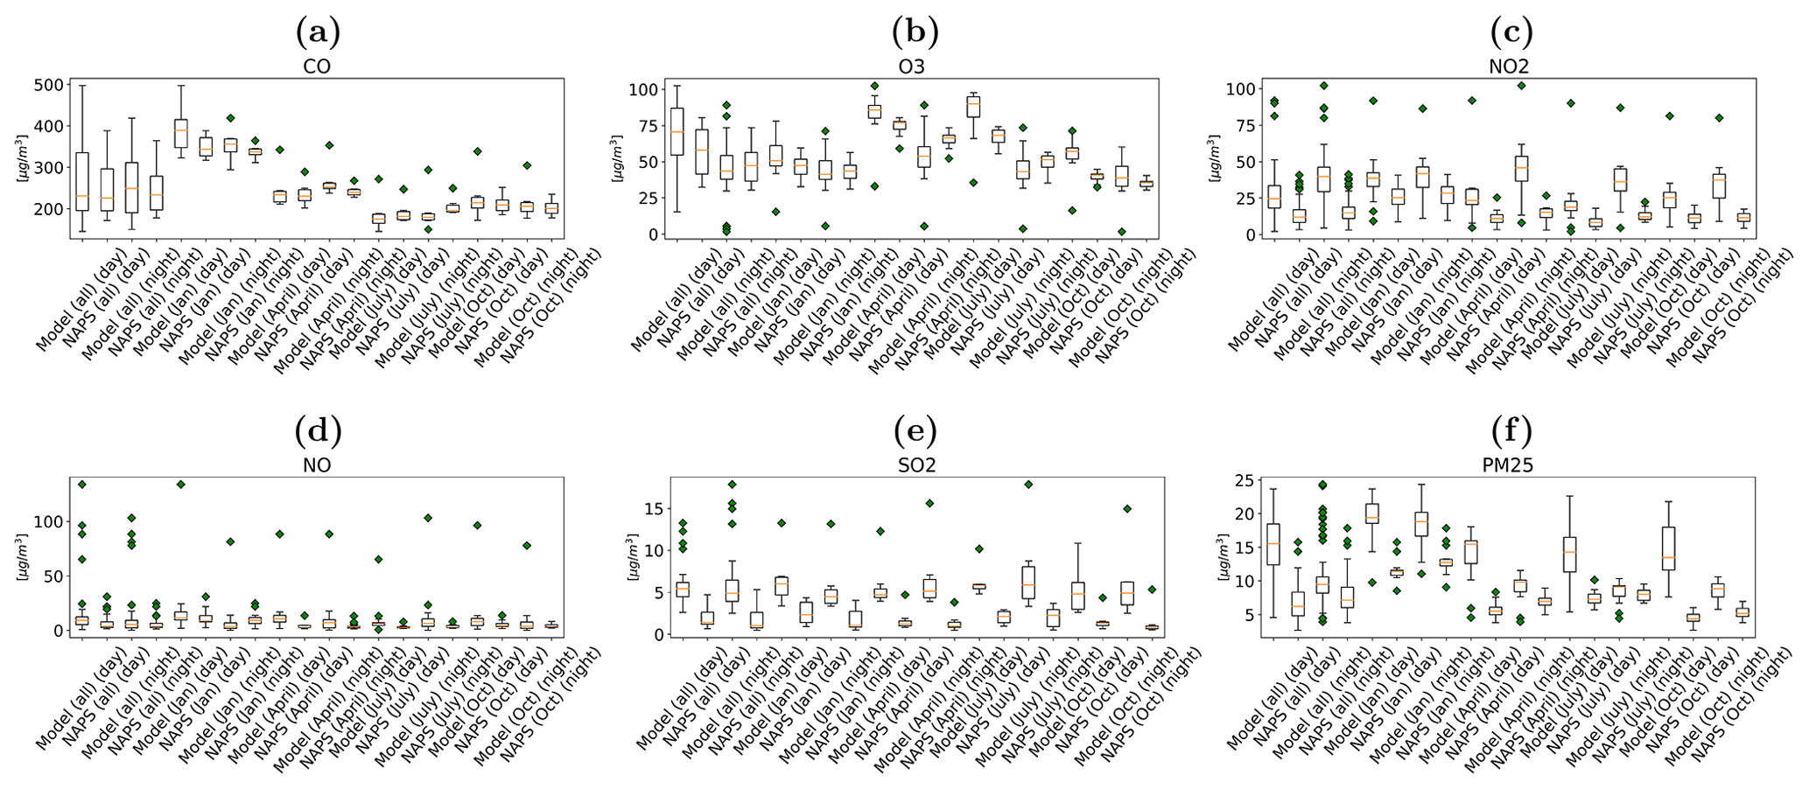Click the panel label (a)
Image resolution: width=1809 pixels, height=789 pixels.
[x=317, y=33]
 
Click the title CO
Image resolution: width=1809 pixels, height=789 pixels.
[x=317, y=67]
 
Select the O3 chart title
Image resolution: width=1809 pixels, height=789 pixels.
[x=914, y=67]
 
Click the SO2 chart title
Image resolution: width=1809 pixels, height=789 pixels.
[x=914, y=466]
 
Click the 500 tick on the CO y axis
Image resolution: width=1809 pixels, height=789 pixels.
[x=48, y=85]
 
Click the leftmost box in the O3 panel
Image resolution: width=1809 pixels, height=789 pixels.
[x=677, y=131]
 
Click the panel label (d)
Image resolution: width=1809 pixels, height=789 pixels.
[x=317, y=431]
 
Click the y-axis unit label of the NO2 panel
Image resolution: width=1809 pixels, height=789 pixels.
[x=1214, y=158]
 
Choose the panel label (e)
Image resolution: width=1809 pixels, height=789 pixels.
[x=914, y=431]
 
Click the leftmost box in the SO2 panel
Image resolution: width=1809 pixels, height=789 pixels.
[x=683, y=590]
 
